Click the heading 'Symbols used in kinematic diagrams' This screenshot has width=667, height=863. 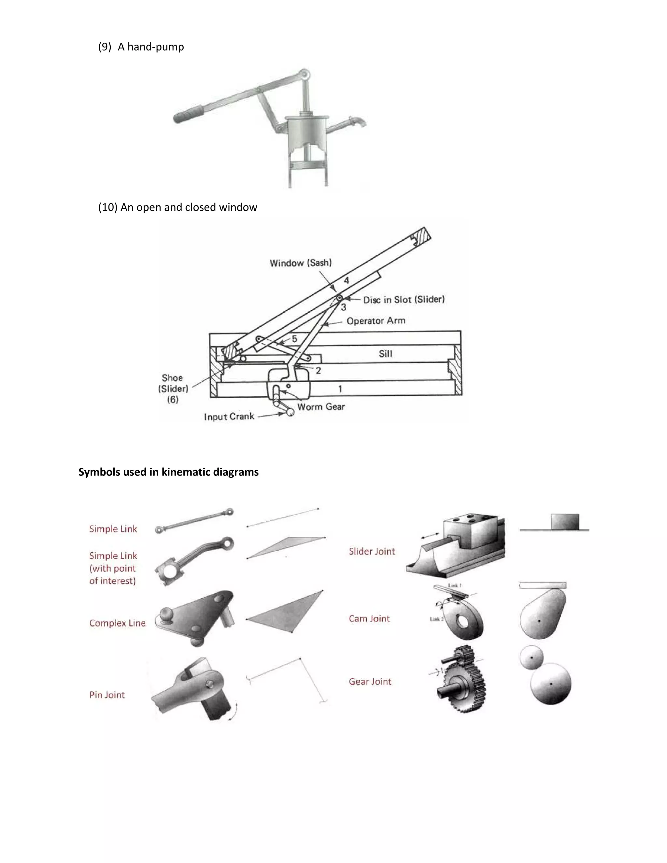168,472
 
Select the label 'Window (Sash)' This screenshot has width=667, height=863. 301,263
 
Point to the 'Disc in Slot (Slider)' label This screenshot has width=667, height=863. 404,300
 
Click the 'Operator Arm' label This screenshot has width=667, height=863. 376,321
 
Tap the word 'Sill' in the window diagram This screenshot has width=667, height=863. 385,354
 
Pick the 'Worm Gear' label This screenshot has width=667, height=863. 321,407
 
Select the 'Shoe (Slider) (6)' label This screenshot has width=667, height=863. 173,389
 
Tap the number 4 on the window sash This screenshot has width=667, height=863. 346,280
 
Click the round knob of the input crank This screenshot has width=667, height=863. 291,412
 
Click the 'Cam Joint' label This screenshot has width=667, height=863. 369,619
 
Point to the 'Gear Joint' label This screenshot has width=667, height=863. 370,681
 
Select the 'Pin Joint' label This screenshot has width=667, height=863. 107,695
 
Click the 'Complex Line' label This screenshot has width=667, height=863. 117,623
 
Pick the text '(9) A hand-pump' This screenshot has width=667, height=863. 141,47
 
